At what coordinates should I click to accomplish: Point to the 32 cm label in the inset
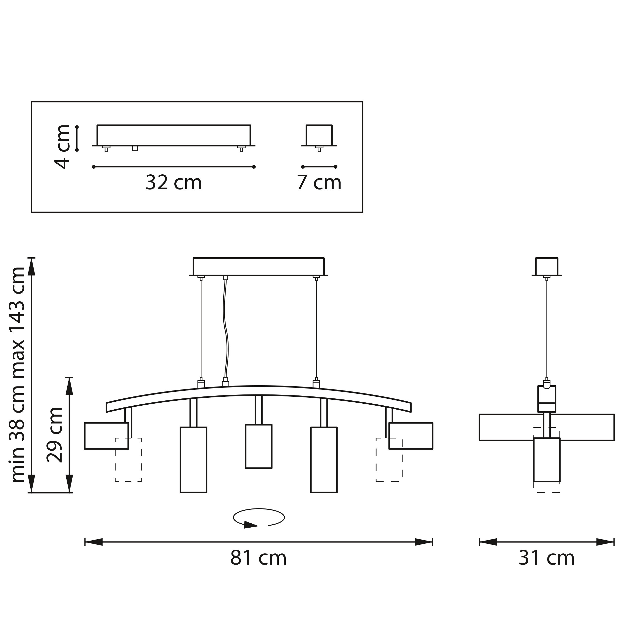click(174, 183)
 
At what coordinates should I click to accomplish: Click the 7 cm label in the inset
click(319, 183)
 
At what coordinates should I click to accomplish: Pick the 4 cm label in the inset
click(62, 147)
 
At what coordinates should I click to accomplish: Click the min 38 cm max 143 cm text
click(18, 375)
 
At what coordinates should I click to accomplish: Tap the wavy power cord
click(226, 328)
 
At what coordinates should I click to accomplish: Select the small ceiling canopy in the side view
click(546, 267)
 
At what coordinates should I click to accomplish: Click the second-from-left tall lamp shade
click(193, 460)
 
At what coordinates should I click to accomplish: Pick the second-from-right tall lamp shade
click(324, 460)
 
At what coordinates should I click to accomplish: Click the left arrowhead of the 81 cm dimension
click(94, 542)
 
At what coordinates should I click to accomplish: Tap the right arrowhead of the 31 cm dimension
click(605, 542)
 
